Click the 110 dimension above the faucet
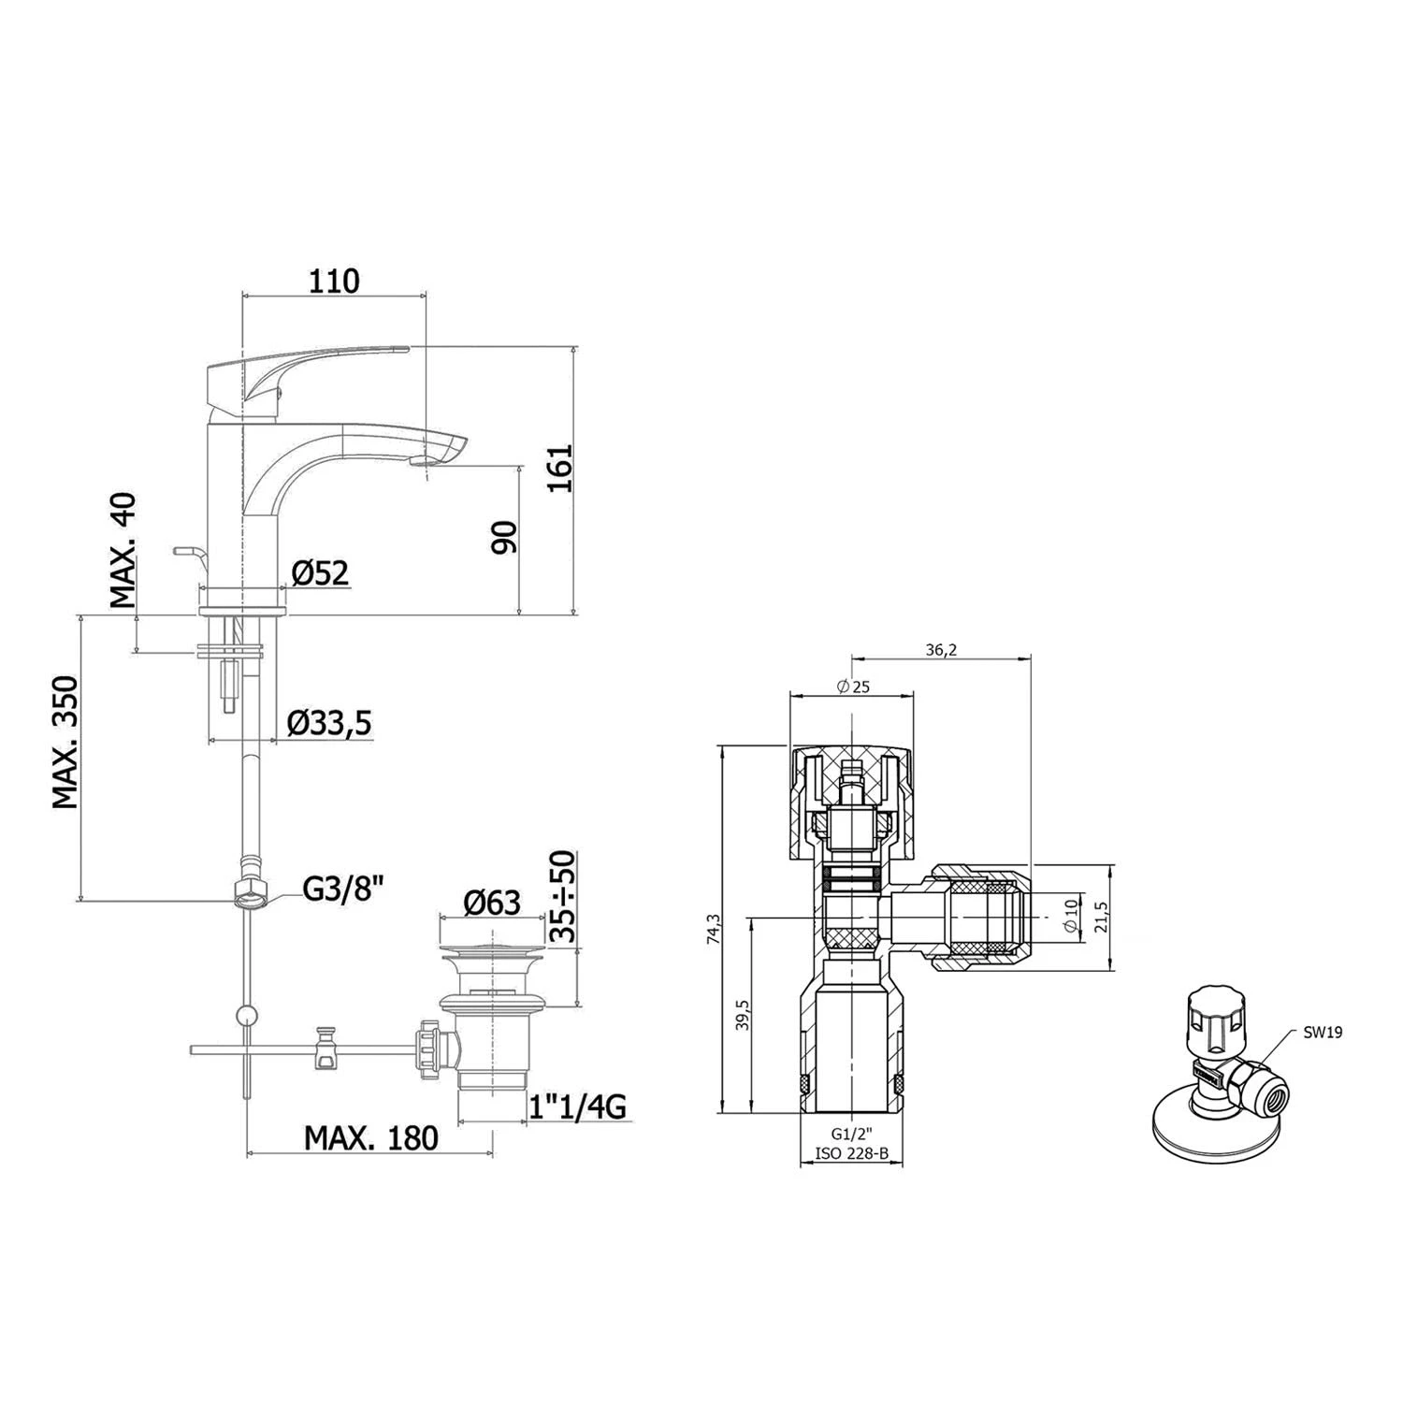point(334,280)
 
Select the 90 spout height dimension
point(505,537)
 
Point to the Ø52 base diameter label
point(320,572)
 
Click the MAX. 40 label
point(123,551)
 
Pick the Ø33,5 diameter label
point(329,723)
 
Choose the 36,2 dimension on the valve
point(941,650)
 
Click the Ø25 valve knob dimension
point(853,687)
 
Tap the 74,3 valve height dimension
point(715,930)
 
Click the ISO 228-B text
point(851,1153)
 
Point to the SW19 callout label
point(1323,1033)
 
